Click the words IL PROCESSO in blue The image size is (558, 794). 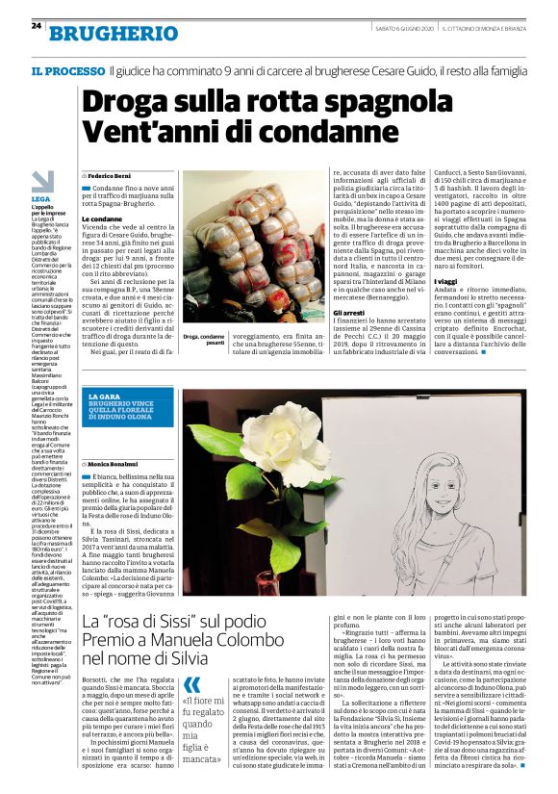66,71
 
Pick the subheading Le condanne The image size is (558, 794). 103,218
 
